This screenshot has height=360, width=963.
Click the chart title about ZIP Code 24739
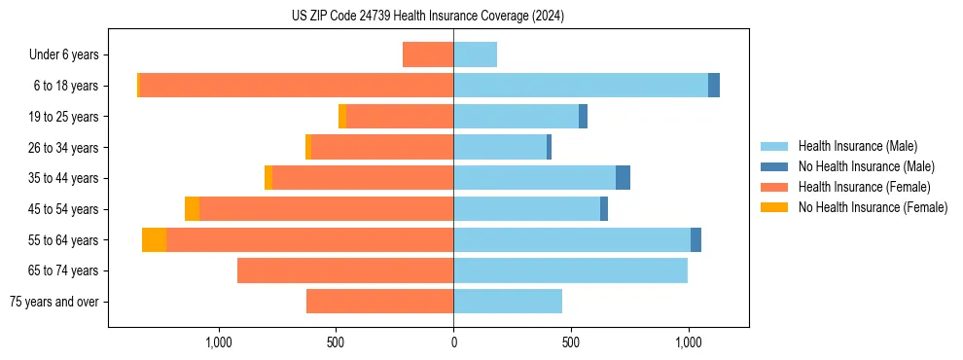pos(428,17)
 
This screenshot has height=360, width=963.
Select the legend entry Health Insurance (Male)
pos(857,146)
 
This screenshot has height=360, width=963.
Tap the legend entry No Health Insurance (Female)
pos(873,207)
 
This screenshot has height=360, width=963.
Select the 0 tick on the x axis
pos(453,343)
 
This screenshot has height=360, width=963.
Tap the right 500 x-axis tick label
pos(571,343)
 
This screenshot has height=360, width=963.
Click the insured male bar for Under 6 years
pos(475,55)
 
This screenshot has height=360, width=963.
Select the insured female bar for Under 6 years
pos(428,55)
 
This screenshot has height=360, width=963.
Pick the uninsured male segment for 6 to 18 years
pos(714,86)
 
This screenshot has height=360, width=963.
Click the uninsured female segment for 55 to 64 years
pos(154,240)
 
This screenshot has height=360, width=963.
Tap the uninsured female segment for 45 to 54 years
pos(192,209)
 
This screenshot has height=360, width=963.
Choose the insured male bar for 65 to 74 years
pos(570,270)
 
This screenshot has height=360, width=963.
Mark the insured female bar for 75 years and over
pos(379,302)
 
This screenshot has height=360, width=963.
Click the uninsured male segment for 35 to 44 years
pos(623,178)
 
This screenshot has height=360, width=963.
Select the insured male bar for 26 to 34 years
pos(500,148)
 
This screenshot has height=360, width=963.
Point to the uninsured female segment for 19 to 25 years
pos(342,117)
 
